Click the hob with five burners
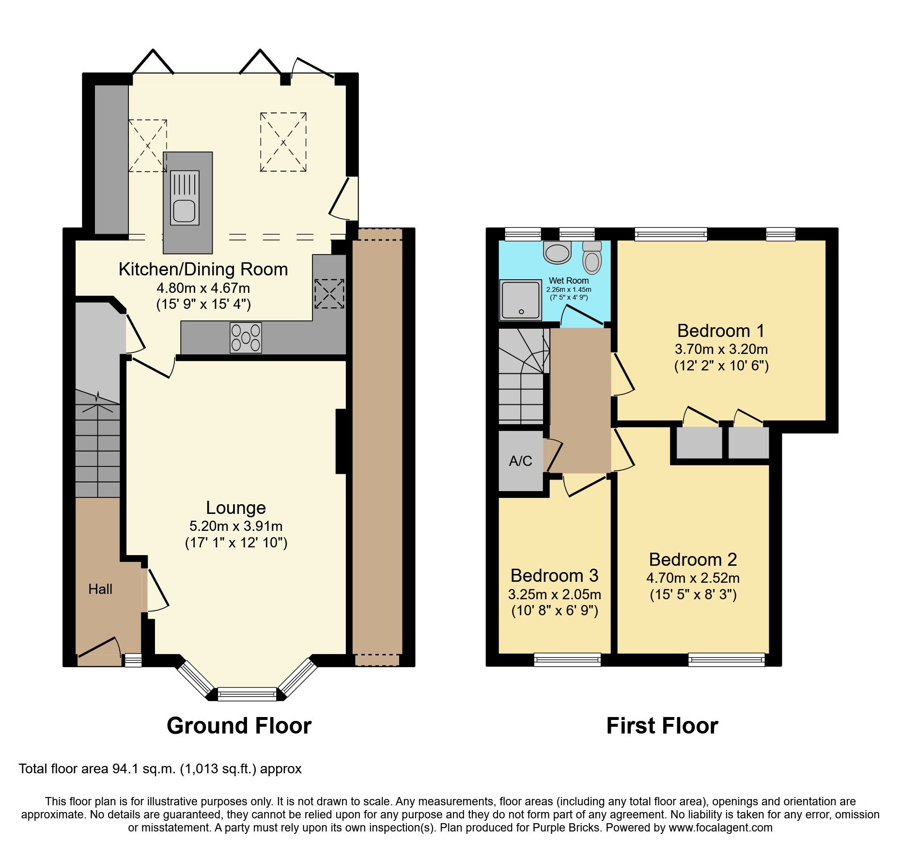tap(246, 337)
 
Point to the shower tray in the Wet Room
tap(521, 300)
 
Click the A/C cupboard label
tap(521, 461)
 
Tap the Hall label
tap(100, 589)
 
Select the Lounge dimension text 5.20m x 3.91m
tap(236, 526)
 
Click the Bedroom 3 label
tap(554, 575)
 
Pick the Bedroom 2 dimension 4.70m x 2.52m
tap(693, 578)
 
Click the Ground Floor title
tap(239, 726)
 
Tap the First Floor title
tap(662, 726)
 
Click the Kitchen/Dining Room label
tap(203, 269)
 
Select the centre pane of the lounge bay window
tap(247, 694)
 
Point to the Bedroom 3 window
tap(567, 659)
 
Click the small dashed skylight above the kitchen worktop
tap(329, 293)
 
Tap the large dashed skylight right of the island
tap(283, 142)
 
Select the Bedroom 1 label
tap(720, 331)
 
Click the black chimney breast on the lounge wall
tap(341, 441)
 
